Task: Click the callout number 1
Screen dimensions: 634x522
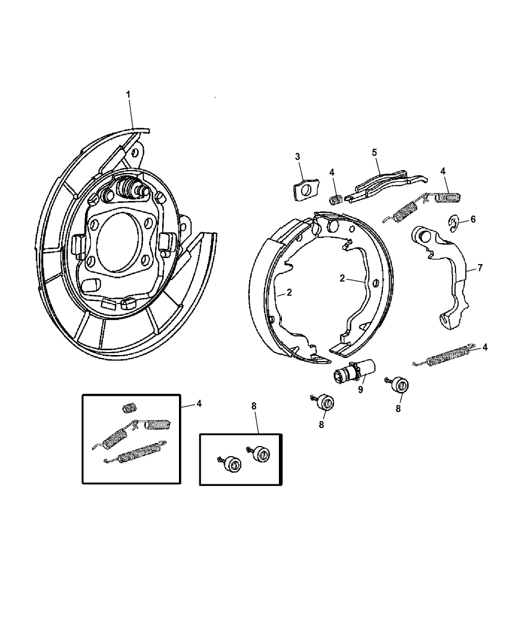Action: click(128, 93)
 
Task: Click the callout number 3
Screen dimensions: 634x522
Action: click(297, 157)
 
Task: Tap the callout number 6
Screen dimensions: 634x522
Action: click(473, 219)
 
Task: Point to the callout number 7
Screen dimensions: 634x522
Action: click(480, 268)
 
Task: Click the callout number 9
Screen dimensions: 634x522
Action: click(360, 390)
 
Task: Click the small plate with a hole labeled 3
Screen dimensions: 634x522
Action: click(303, 191)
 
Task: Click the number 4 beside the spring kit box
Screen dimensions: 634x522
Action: click(199, 404)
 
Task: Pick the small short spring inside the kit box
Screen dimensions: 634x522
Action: click(129, 408)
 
